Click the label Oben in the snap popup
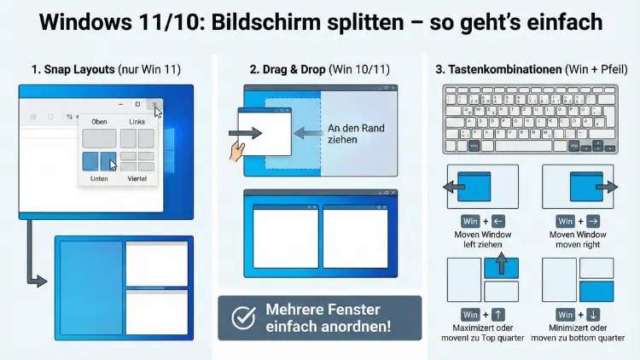pos(99,122)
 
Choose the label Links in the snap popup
pos(137,122)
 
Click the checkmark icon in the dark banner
pos(244,318)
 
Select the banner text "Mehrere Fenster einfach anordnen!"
pos(329,318)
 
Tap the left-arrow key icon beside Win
pos(499,221)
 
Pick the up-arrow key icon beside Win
pos(499,315)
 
